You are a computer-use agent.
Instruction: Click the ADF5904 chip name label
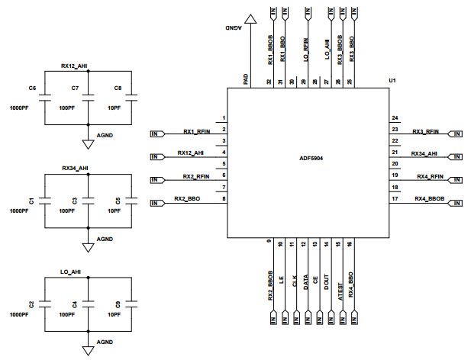coord(311,159)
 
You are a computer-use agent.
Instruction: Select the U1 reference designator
coord(392,80)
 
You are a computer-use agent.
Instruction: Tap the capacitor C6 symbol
coord(44,98)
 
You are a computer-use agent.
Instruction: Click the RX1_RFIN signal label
coord(196,131)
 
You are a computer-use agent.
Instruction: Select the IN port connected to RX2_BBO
coord(157,203)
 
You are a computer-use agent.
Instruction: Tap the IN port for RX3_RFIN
coord(455,133)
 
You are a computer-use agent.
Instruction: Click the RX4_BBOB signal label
coord(428,199)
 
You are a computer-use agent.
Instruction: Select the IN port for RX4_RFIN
coord(455,180)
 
